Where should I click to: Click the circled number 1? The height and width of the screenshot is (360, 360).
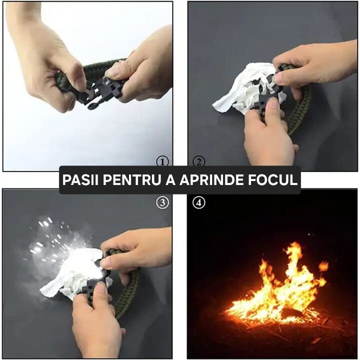(x=162, y=161)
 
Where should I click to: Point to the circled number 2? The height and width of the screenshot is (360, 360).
(x=198, y=161)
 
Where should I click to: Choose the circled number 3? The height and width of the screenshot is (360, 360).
(x=162, y=202)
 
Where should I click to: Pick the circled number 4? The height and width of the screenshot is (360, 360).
(x=198, y=203)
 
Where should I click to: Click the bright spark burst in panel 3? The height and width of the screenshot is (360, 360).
(x=55, y=245)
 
